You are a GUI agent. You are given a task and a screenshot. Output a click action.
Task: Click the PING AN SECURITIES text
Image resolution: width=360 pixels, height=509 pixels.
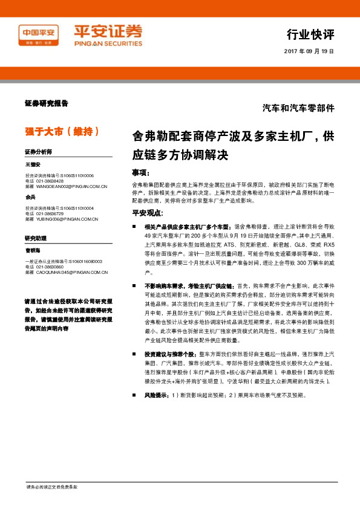(108, 44)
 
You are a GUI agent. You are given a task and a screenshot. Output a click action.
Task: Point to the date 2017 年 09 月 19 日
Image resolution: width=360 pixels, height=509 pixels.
(309, 51)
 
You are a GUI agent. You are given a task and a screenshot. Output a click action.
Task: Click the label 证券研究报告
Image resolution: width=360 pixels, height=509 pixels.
(47, 103)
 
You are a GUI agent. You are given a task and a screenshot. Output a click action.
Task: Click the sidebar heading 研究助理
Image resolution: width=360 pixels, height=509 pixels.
(35, 238)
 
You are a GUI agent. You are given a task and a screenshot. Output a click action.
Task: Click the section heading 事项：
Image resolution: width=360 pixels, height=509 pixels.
(141, 172)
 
